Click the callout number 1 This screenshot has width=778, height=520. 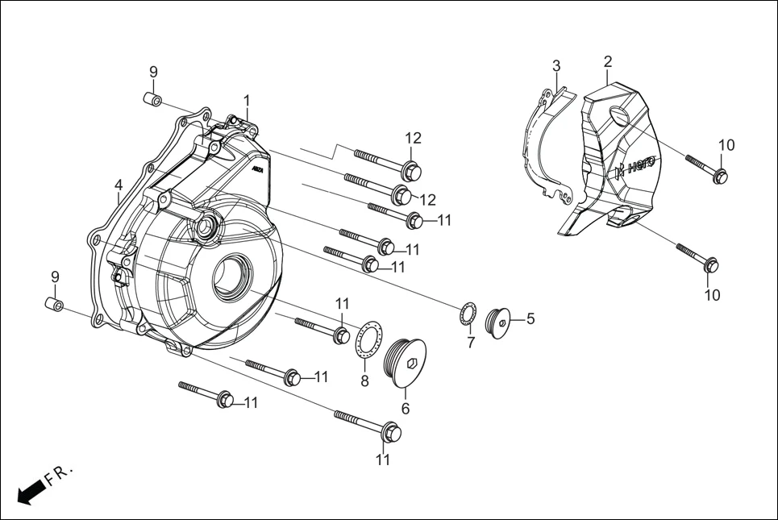[x=247, y=101]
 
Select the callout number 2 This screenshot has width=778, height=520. [x=607, y=61]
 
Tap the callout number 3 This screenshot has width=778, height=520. [x=556, y=65]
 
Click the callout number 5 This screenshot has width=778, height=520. [x=530, y=318]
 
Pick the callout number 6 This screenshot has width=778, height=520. [x=406, y=409]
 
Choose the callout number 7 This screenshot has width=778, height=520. [x=471, y=342]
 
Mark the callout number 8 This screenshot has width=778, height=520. [x=364, y=381]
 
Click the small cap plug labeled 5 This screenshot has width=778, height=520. [x=501, y=322]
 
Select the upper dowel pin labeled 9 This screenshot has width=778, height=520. [x=152, y=100]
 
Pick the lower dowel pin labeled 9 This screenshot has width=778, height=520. [x=54, y=306]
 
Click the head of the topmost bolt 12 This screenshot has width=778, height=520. [x=410, y=171]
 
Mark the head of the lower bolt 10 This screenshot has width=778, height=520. [x=711, y=264]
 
